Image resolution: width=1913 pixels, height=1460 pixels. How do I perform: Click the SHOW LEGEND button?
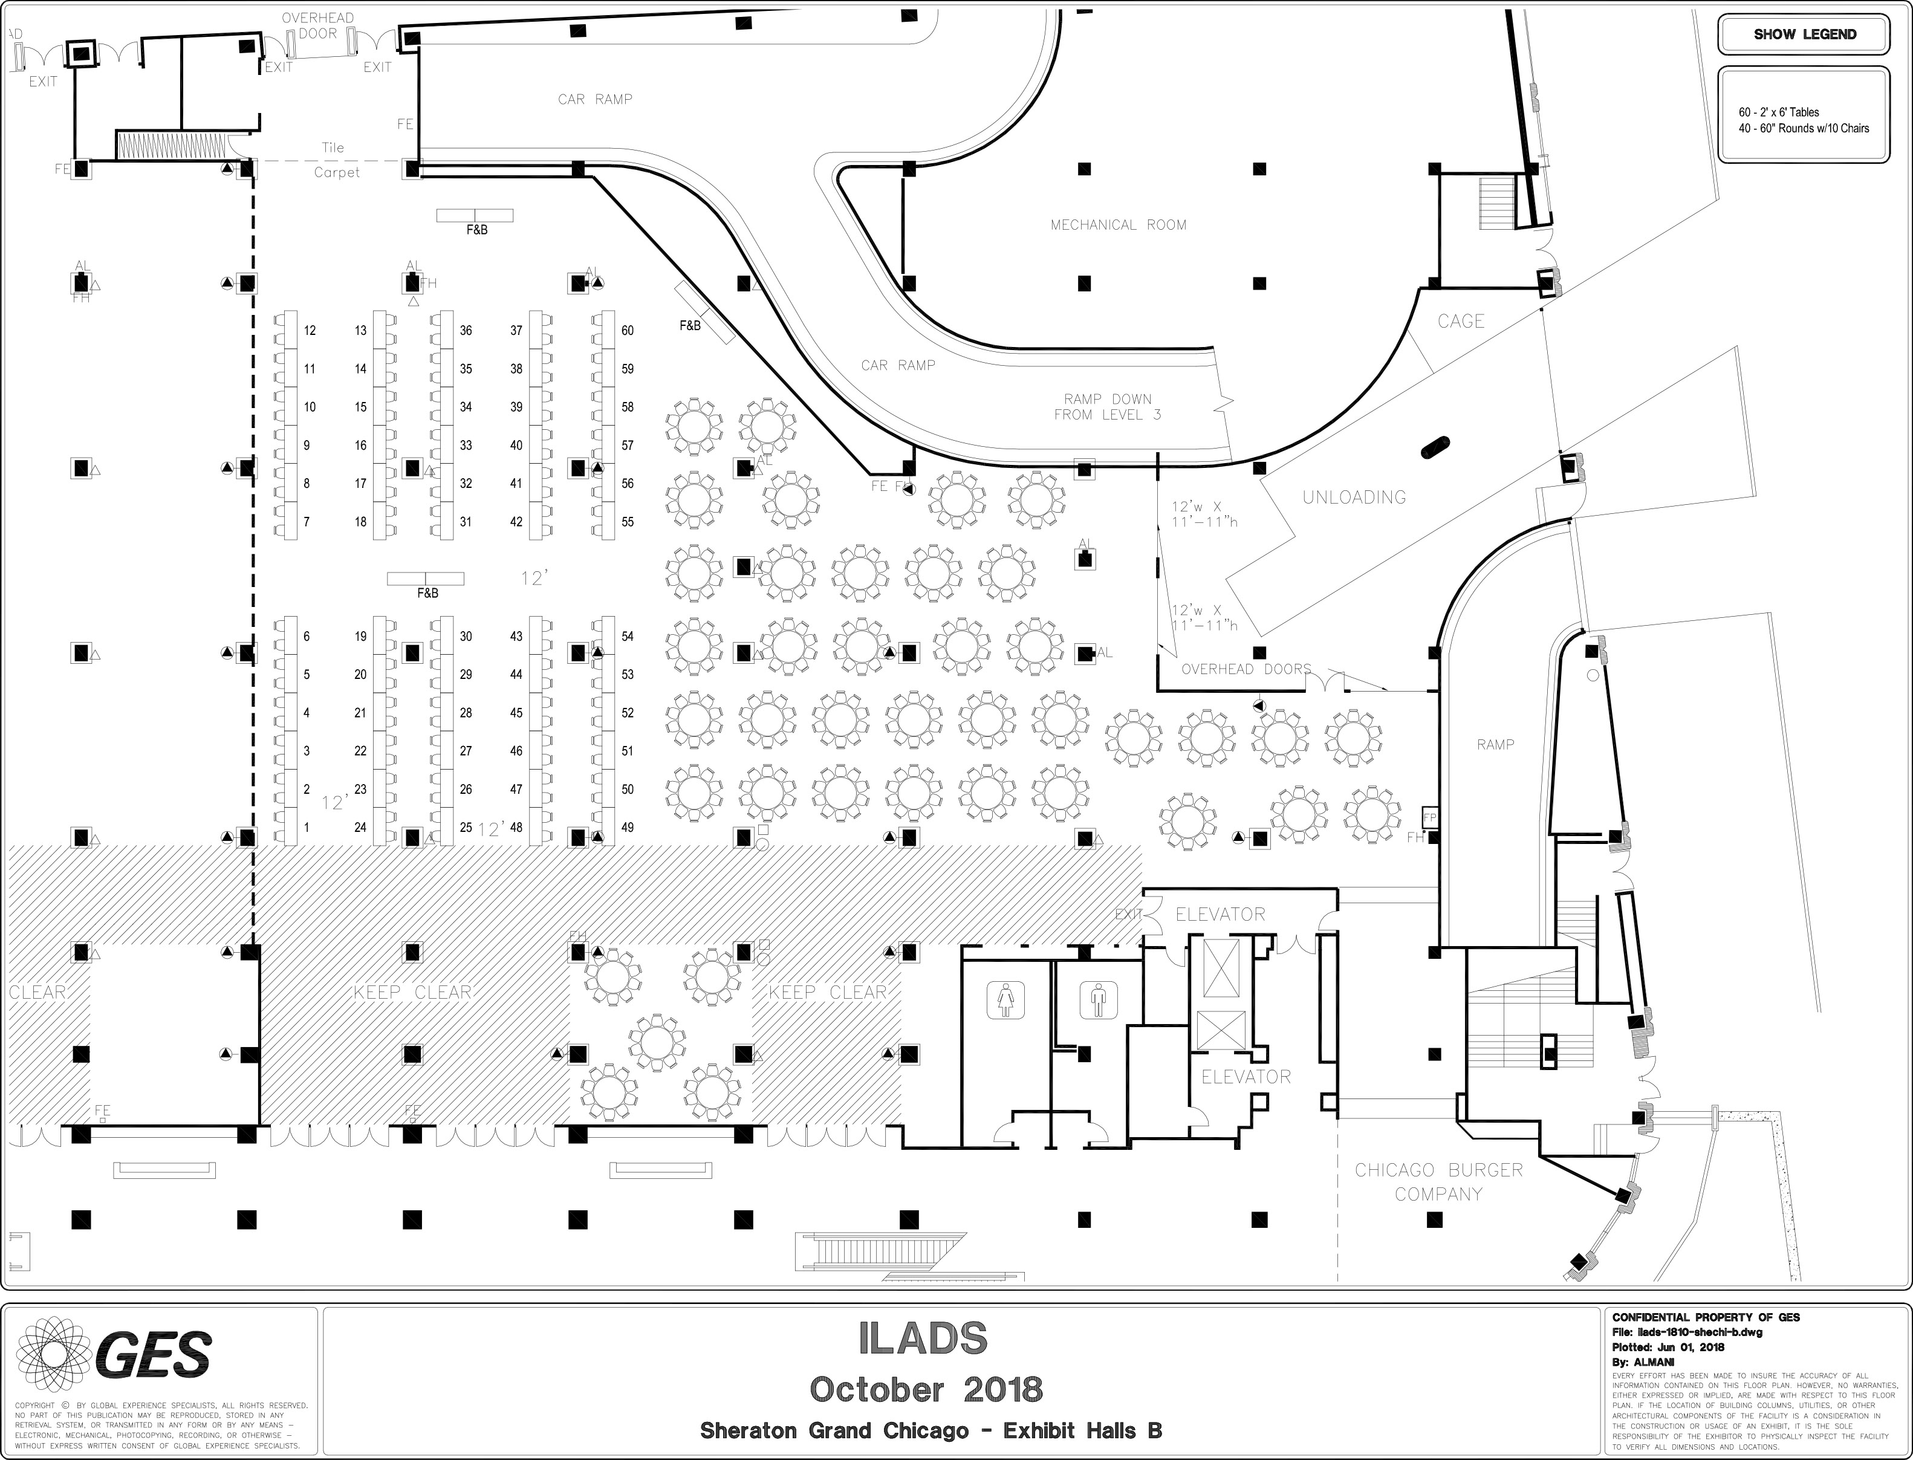(1804, 35)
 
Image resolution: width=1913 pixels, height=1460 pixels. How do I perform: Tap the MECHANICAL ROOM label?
(1118, 225)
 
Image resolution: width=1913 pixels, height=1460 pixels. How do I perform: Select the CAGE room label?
(1460, 322)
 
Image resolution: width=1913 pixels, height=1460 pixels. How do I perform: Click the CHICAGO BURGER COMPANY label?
(1438, 1182)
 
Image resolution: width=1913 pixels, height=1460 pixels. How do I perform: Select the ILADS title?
(923, 1339)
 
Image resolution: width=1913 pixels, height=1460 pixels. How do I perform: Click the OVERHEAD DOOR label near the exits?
(317, 26)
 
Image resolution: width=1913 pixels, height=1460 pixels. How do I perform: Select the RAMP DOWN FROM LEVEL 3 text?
(1107, 407)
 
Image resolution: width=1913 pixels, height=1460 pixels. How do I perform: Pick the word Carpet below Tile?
(336, 173)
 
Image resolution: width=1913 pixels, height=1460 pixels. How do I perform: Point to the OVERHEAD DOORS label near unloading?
(1246, 669)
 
